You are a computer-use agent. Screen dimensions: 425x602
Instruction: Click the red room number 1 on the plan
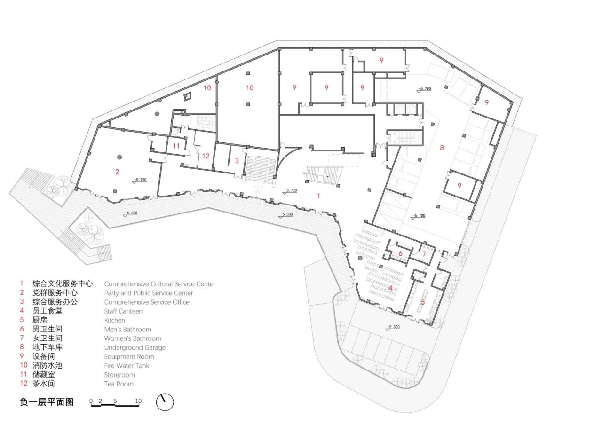click(x=318, y=196)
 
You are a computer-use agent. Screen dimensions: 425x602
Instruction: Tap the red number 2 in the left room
click(x=117, y=172)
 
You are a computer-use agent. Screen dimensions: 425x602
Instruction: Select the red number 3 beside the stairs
click(x=237, y=160)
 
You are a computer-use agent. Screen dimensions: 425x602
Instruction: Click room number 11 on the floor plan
click(x=176, y=146)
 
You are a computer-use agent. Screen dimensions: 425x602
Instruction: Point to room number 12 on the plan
click(x=206, y=156)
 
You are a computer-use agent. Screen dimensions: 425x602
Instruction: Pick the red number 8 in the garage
click(x=442, y=148)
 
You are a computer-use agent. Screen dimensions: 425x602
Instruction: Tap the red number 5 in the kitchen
click(x=422, y=302)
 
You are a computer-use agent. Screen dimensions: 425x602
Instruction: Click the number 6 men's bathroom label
click(x=400, y=253)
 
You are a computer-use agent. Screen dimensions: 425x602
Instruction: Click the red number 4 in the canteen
click(x=390, y=288)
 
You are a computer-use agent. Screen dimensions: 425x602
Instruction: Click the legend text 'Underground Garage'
click(x=135, y=347)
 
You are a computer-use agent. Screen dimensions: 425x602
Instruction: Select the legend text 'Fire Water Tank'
click(x=126, y=365)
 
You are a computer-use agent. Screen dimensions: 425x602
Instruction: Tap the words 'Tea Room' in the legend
click(x=119, y=384)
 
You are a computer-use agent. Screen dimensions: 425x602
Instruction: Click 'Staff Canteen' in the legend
click(x=123, y=311)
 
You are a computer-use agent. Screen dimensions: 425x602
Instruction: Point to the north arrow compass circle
click(x=165, y=402)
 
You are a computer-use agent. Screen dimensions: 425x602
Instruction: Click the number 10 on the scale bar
click(x=138, y=401)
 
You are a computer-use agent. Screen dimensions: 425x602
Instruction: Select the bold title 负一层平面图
click(x=47, y=402)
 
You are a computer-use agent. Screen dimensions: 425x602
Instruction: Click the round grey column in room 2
click(x=120, y=157)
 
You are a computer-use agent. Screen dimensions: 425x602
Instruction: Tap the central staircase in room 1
click(x=323, y=175)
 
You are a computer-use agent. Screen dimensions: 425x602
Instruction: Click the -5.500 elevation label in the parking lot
click(x=393, y=327)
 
